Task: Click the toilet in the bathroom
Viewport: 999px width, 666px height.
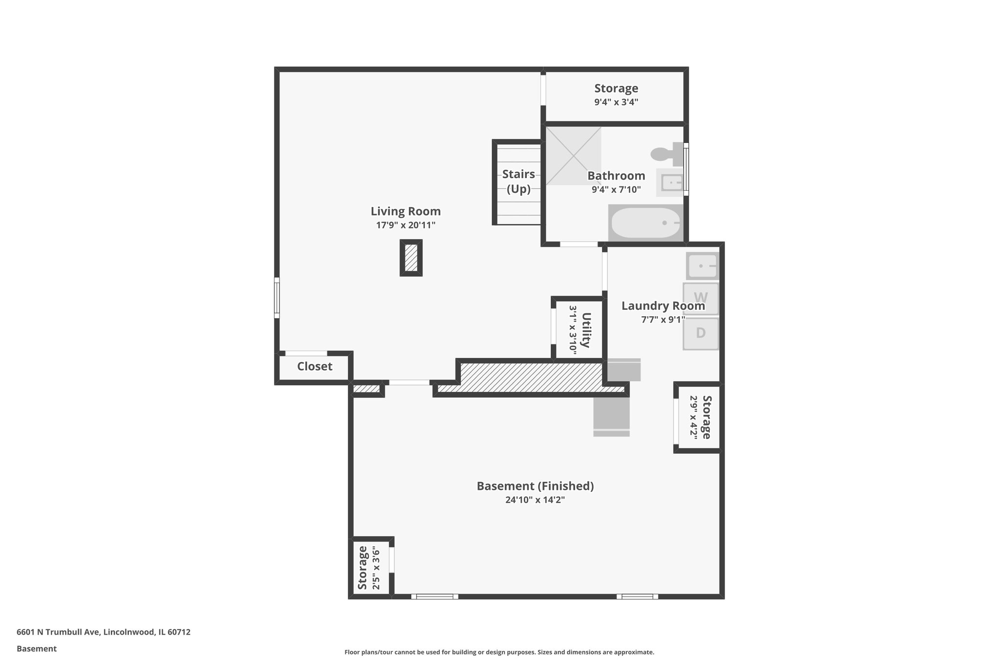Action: (665, 154)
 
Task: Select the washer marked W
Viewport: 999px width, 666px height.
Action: (700, 298)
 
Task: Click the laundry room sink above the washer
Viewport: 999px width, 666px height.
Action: (702, 266)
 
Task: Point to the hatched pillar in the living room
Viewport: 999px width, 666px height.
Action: (411, 258)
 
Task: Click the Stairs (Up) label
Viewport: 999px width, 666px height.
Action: (519, 182)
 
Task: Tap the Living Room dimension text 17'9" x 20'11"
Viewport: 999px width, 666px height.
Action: (405, 225)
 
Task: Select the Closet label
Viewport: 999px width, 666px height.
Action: (315, 366)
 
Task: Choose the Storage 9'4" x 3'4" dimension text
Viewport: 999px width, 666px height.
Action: (616, 102)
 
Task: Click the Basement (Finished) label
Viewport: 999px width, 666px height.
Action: (535, 486)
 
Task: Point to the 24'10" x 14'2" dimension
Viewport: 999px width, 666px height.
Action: (535, 500)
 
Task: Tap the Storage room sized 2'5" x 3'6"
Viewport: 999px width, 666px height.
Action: (369, 567)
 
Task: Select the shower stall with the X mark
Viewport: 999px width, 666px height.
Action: (573, 156)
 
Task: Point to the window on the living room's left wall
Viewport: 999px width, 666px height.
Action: (277, 298)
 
